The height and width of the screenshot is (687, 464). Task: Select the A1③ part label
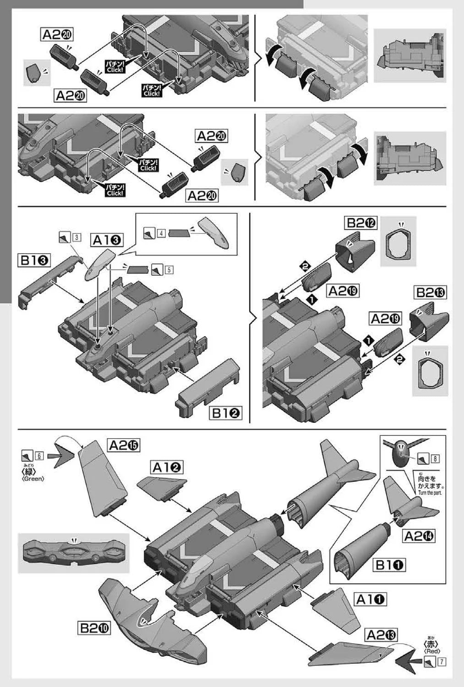107,240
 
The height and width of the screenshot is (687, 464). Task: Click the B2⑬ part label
431,292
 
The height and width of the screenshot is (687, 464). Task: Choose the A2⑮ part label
124,445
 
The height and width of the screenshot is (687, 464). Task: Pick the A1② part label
167,467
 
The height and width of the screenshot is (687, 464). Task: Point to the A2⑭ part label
419,535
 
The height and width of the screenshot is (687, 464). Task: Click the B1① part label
390,565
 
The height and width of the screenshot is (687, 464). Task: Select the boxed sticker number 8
435,458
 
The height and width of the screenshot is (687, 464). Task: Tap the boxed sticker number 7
442,661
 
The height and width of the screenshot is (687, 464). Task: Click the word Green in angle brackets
33,479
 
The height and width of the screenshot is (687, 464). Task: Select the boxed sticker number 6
39,455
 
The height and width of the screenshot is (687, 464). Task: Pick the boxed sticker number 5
169,270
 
